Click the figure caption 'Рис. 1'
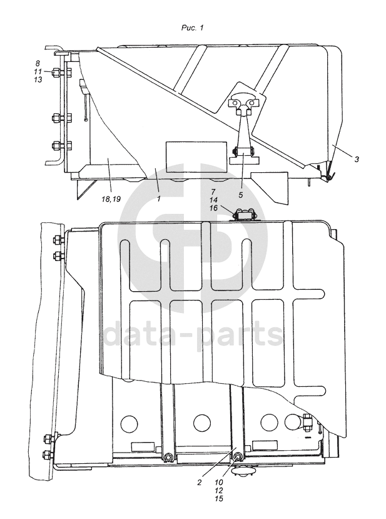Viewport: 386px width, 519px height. (x=192, y=28)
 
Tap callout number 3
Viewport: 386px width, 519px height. (x=356, y=159)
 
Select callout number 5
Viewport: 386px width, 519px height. (x=240, y=195)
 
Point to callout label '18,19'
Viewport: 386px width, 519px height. (x=111, y=198)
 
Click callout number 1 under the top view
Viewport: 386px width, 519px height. (x=159, y=198)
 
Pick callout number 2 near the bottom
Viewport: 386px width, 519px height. (x=199, y=482)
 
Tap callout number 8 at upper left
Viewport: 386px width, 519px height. (x=38, y=63)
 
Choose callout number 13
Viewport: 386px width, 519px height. (x=38, y=80)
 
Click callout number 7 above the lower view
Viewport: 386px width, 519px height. (x=213, y=192)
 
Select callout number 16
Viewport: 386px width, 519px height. (x=213, y=208)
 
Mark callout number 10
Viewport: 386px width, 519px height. (x=218, y=482)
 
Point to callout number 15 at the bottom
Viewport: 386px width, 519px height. (x=218, y=498)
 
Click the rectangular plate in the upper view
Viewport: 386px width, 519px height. (x=196, y=157)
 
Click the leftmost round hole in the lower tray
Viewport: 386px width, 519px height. (x=129, y=423)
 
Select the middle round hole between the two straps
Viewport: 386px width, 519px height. (x=202, y=423)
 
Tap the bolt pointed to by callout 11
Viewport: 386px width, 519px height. (x=56, y=71)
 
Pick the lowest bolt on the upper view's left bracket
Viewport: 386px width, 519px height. (x=56, y=146)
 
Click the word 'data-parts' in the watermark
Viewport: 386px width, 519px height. (x=193, y=335)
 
